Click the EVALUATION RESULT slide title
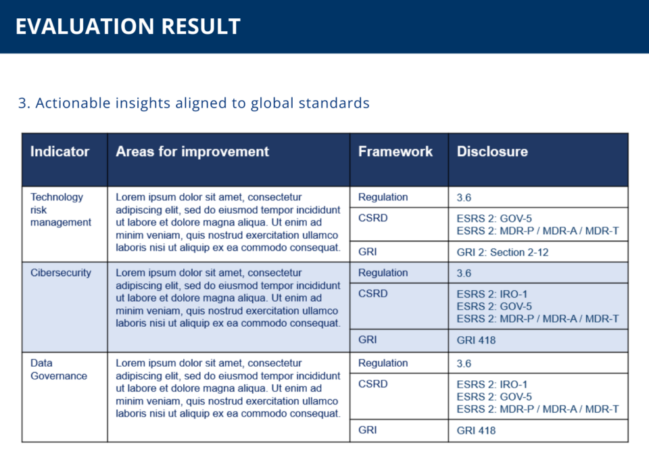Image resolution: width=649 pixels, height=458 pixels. [x=128, y=26]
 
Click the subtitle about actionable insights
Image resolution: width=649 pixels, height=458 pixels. [x=194, y=103]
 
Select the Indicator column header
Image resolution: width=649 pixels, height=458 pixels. [x=59, y=152]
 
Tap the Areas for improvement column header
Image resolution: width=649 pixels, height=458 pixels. [x=192, y=152]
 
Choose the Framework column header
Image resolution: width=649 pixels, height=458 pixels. [x=395, y=152]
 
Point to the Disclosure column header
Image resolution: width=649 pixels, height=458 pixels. [x=492, y=152]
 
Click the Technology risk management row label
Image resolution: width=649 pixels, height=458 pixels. [x=61, y=210]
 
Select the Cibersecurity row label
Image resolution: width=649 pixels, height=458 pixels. [x=61, y=273]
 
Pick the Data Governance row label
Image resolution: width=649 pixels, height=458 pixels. [x=59, y=369]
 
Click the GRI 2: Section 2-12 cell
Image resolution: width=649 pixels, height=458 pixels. [x=502, y=252]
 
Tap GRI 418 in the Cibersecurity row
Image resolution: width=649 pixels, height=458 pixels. [x=476, y=340]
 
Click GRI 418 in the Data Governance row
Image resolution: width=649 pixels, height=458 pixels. [x=476, y=431]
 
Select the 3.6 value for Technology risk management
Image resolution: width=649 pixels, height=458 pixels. [x=464, y=198]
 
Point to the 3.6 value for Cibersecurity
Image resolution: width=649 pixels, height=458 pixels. [x=464, y=273]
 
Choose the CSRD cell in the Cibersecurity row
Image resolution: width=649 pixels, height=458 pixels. [x=373, y=294]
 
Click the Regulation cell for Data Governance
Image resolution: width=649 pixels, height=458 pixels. [x=383, y=363]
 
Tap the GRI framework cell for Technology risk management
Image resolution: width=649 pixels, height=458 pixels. [x=368, y=252]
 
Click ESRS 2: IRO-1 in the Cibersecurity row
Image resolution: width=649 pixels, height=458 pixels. [x=492, y=294]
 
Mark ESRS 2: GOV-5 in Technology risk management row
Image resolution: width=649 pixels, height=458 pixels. [x=494, y=219]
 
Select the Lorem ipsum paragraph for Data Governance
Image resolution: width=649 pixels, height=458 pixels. [x=228, y=388]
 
